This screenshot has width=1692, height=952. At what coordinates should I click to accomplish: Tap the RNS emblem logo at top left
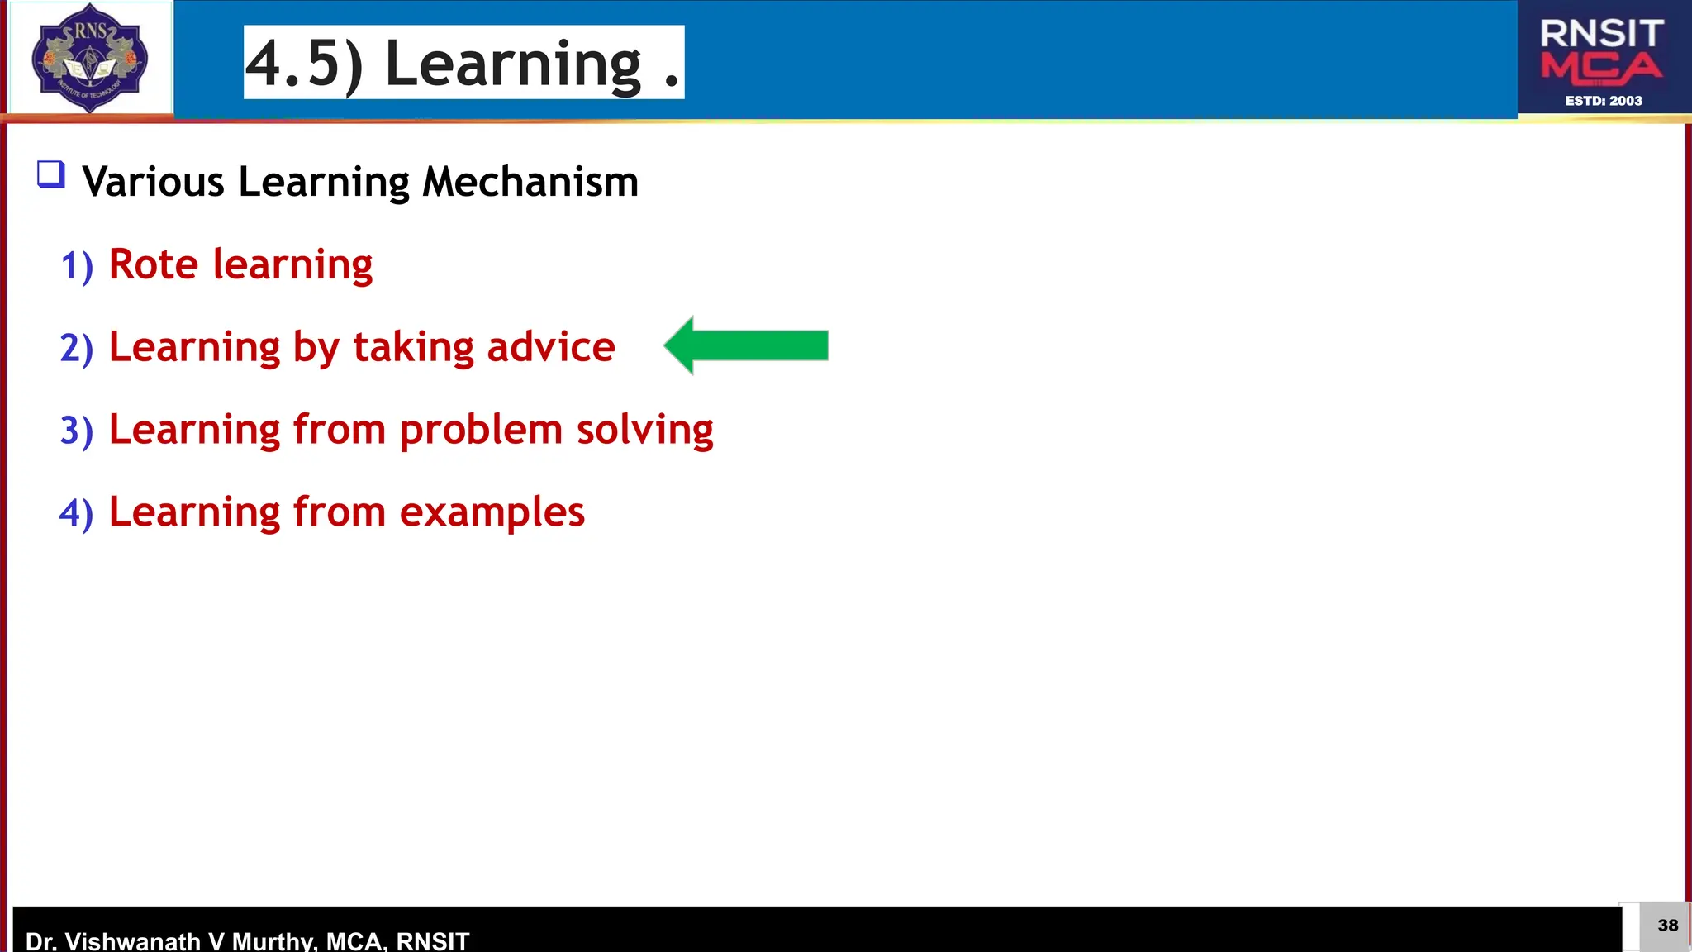tap(89, 58)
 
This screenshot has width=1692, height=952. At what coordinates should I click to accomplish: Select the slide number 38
tap(1667, 926)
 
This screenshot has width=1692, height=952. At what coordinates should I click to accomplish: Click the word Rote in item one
tap(154, 264)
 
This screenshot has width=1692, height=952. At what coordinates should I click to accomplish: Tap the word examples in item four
tap(492, 512)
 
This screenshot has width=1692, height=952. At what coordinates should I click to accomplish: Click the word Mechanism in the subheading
tap(530, 182)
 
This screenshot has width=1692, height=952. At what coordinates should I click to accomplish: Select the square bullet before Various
tap(51, 175)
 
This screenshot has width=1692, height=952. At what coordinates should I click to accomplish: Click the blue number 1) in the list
tap(77, 266)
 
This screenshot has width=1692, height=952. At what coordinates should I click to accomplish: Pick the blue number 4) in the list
tap(76, 513)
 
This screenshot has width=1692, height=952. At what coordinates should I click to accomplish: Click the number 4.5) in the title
tap(303, 64)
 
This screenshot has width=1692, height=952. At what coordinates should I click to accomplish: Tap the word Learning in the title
tap(513, 64)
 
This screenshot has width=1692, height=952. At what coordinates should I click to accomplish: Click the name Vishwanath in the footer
tap(132, 940)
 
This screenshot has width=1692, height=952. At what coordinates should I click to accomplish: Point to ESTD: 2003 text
tap(1603, 101)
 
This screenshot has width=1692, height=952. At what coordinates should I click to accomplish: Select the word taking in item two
tap(413, 347)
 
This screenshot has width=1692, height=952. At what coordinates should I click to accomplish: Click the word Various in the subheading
tap(154, 182)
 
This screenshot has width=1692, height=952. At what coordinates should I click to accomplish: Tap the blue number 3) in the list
tap(76, 431)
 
